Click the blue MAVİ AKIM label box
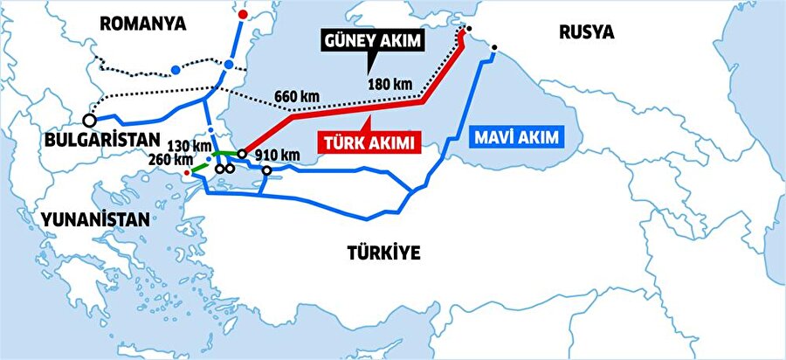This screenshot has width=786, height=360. (518, 136)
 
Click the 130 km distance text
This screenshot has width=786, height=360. (191, 145)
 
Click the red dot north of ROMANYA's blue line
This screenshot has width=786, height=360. (243, 16)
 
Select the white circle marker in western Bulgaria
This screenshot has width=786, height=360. (89, 120)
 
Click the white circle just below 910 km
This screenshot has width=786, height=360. (266, 169)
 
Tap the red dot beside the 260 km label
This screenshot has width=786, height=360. (186, 173)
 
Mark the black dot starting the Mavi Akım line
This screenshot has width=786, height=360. (495, 47)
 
